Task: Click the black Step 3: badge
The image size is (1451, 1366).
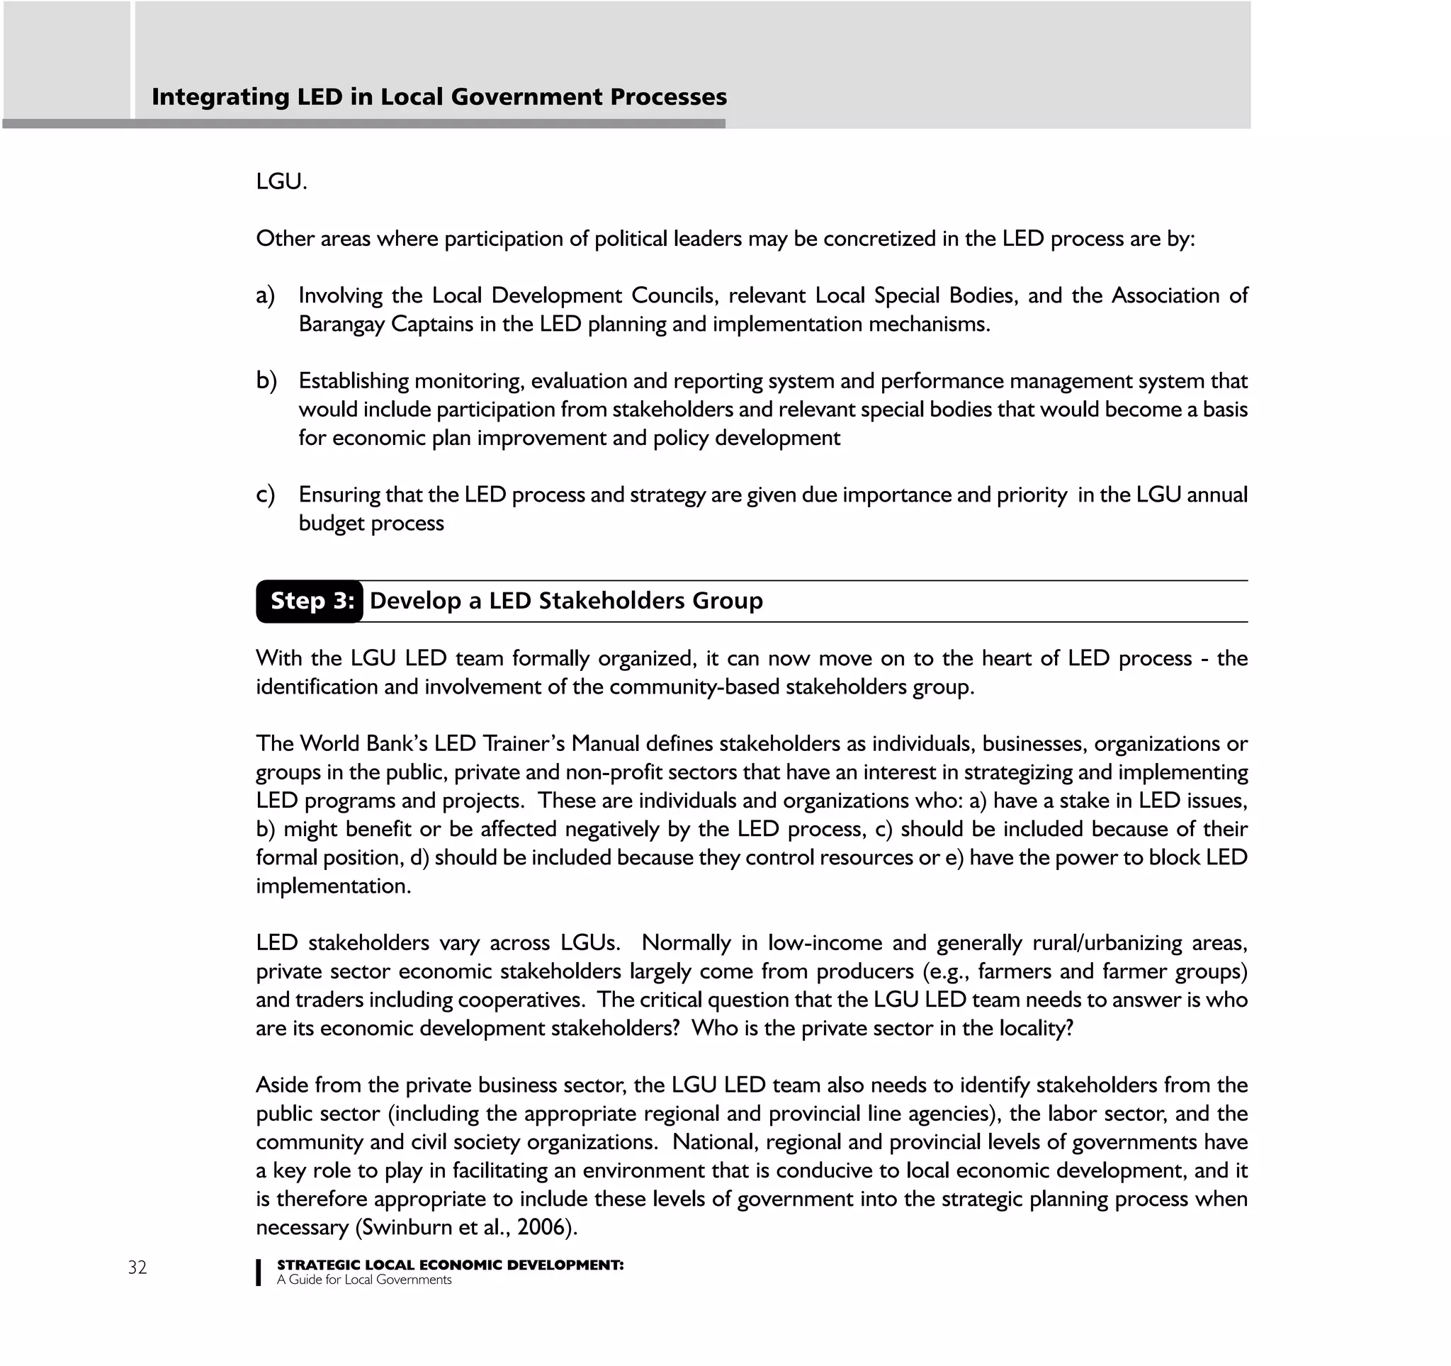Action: (x=310, y=602)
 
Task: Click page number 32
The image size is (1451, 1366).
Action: (x=137, y=1268)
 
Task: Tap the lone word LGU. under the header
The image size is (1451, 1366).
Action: (x=281, y=181)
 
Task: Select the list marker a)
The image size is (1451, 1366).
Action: (x=265, y=295)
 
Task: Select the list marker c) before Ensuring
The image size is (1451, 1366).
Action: (x=265, y=495)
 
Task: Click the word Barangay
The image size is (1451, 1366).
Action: (x=341, y=324)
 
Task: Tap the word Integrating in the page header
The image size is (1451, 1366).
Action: (x=220, y=97)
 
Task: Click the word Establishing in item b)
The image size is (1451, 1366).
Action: (x=354, y=381)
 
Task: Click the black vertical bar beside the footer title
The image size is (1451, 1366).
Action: (x=259, y=1272)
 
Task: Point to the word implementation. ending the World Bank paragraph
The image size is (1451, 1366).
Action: (x=333, y=886)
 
